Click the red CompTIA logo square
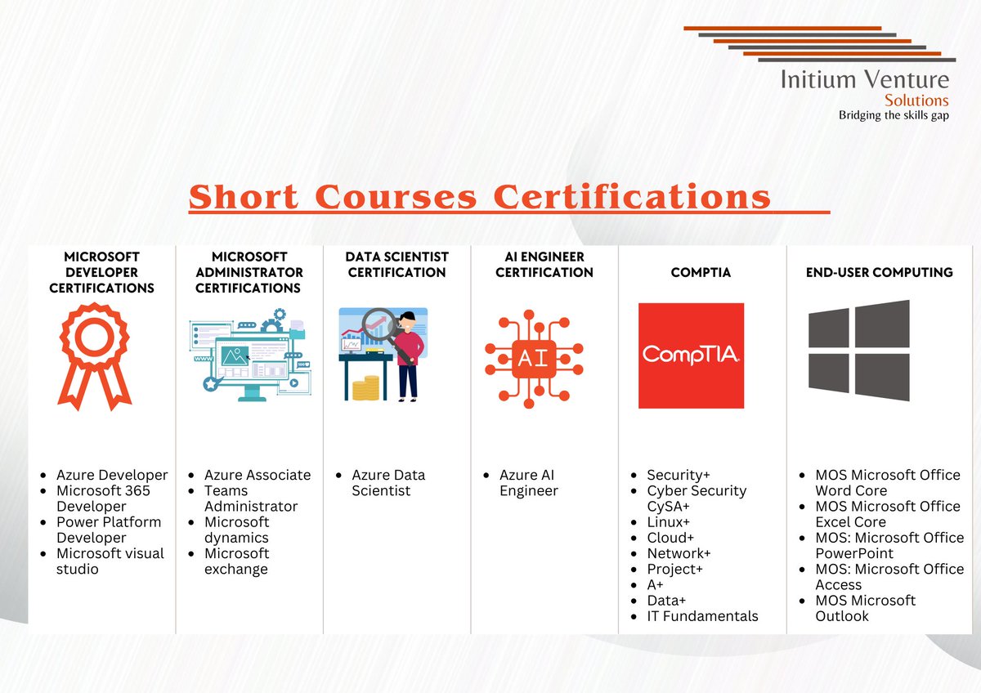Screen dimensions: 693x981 click(691, 355)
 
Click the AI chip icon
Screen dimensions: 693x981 click(533, 359)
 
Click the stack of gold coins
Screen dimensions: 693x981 click(365, 387)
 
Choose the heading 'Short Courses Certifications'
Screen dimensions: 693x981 click(480, 198)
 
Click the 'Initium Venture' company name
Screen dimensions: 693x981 click(865, 79)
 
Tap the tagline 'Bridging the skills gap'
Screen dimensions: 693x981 click(894, 115)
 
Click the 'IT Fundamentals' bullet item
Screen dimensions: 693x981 click(702, 616)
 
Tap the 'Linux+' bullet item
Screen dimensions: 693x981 click(668, 522)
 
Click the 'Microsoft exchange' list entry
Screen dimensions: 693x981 click(236, 561)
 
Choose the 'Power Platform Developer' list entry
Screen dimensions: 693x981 click(109, 530)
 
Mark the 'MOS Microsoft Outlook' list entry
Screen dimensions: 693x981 click(865, 608)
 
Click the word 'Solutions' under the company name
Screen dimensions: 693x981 click(916, 100)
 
